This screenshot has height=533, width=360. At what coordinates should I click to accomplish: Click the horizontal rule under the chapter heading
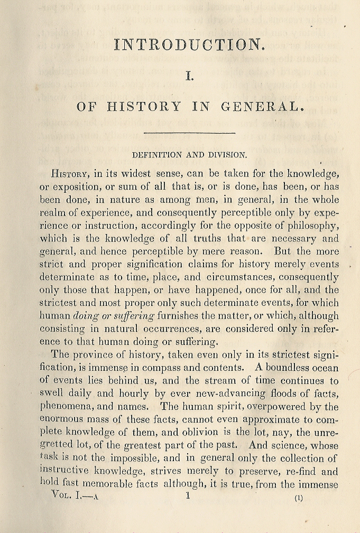[x=189, y=132]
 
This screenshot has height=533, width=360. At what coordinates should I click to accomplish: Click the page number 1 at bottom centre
[x=188, y=495]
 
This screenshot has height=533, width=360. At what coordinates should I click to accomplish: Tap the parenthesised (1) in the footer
[x=299, y=498]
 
